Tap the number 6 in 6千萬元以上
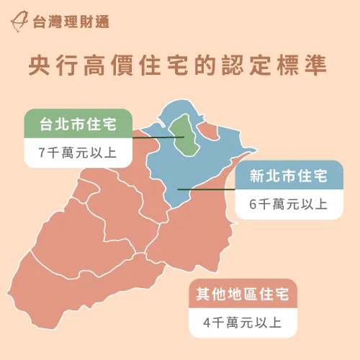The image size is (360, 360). click(x=253, y=204)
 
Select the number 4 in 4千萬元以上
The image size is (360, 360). click(x=207, y=323)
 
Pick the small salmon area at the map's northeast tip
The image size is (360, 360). click(x=210, y=130)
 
